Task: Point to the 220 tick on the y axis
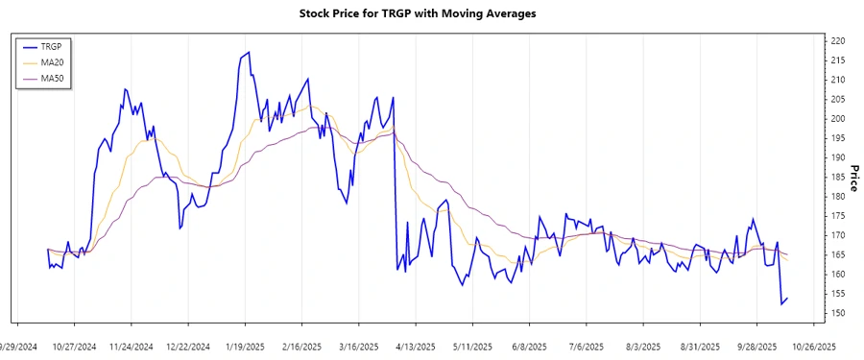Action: coord(838,41)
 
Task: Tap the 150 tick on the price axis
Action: coord(838,314)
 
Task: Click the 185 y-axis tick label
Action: coord(838,178)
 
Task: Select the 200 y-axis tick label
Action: coord(838,119)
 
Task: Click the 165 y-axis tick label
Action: coord(838,255)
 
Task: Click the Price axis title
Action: coord(853,179)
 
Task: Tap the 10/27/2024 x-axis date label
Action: coord(74,346)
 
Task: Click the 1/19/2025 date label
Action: coord(244,346)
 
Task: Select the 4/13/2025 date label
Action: coord(415,346)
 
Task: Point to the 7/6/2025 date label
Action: coord(586,346)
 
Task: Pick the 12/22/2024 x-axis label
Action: coord(187,346)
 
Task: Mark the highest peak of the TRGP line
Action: coord(249,52)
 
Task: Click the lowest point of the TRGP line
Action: coord(781,304)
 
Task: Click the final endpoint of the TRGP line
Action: coord(788,298)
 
